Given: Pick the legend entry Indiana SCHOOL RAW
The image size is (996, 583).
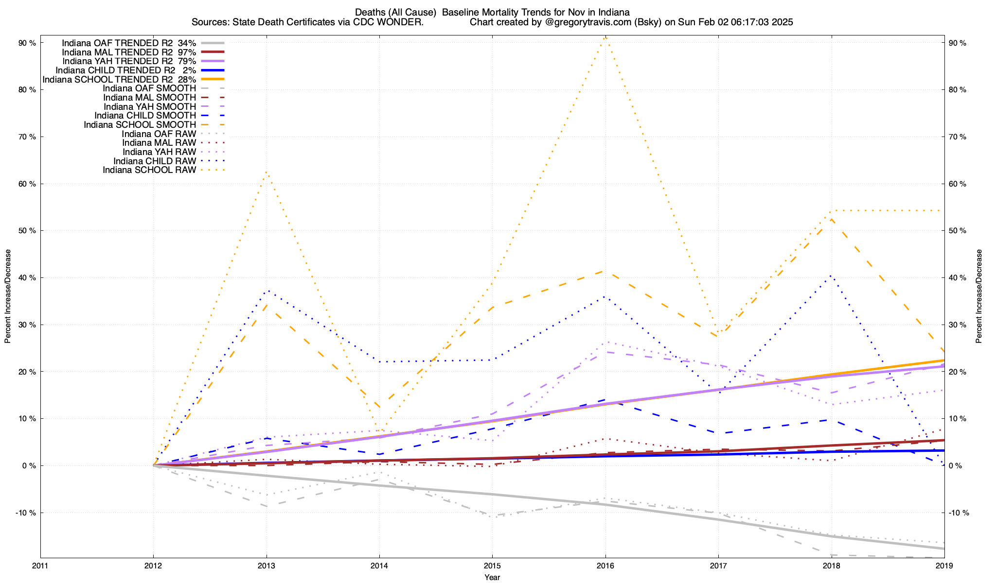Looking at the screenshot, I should [x=149, y=170].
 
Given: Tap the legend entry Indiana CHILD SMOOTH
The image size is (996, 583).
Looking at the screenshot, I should [x=145, y=116].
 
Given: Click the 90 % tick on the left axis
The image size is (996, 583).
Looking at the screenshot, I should [x=27, y=43].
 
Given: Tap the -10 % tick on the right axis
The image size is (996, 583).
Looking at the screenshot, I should [x=956, y=513].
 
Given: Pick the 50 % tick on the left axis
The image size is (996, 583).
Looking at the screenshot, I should [x=27, y=231].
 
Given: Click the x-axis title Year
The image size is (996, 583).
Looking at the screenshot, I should [x=492, y=577].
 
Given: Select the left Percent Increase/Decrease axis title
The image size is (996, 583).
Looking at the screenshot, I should [x=8, y=296].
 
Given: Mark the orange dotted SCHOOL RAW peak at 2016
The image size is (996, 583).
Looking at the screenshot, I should [x=605, y=37].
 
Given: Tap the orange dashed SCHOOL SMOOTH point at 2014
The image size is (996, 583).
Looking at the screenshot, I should [x=379, y=407].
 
